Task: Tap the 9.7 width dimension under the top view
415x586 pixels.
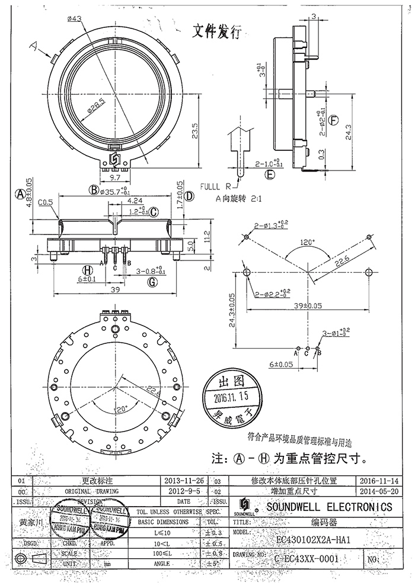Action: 115,177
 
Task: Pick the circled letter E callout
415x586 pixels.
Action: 270,174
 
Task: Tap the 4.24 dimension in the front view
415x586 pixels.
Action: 135,201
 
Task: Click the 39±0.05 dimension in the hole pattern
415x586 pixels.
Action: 308,307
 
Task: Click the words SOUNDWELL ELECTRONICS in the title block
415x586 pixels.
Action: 328,507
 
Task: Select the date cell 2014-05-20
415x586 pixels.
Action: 379,491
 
